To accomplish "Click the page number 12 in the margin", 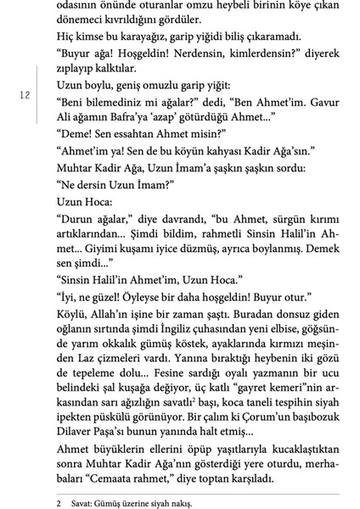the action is pos(24,96).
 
